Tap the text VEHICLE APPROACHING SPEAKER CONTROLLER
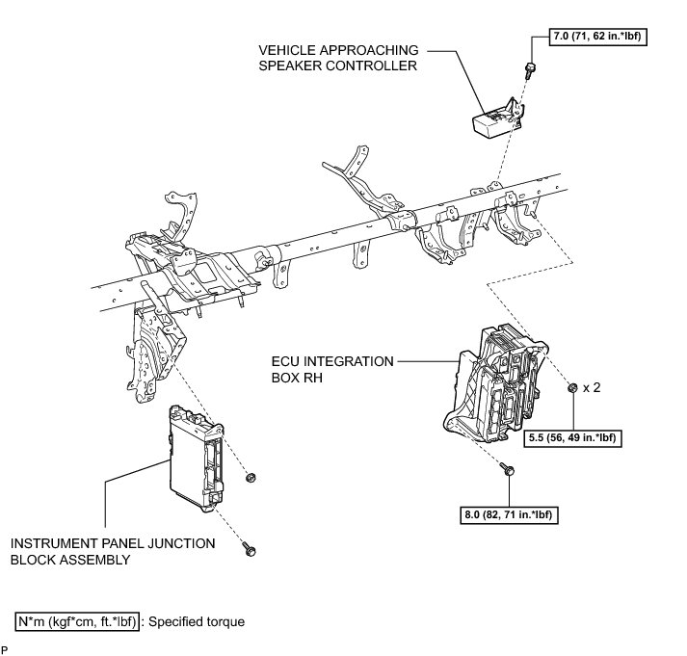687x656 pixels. click(337, 58)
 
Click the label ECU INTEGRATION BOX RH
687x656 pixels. click(332, 369)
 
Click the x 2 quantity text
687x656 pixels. click(592, 387)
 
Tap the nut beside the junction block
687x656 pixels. click(251, 478)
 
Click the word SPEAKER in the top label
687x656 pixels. click(291, 66)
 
